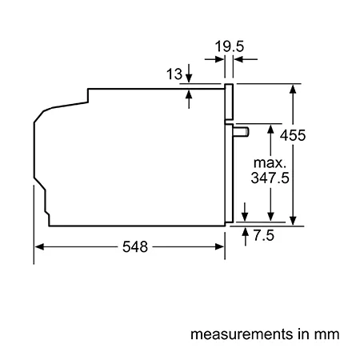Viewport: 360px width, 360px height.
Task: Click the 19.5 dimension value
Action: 230,46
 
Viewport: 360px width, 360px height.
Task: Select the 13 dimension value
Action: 174,74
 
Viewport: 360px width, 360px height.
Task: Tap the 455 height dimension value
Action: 293,135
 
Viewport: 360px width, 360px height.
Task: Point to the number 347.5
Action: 270,178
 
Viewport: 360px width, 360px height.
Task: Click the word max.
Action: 270,163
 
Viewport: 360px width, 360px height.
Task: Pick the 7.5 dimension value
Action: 263,235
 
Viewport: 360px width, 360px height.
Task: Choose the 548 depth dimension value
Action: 135,247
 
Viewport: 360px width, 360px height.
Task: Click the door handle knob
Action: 242,132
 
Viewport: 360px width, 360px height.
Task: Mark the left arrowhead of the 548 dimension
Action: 39,247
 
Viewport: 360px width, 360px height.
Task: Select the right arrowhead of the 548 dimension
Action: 219,247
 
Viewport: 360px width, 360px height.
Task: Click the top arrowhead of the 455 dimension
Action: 293,89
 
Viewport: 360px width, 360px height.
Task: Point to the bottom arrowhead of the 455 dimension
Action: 293,221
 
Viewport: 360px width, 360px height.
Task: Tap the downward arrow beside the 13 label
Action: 189,73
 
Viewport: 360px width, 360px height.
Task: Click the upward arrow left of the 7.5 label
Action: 246,237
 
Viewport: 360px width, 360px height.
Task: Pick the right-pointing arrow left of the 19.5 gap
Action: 214,59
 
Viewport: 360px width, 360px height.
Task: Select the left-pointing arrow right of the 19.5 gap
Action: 246,59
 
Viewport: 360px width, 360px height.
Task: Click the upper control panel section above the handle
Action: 229,102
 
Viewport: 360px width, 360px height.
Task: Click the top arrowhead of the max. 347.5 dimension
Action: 270,129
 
